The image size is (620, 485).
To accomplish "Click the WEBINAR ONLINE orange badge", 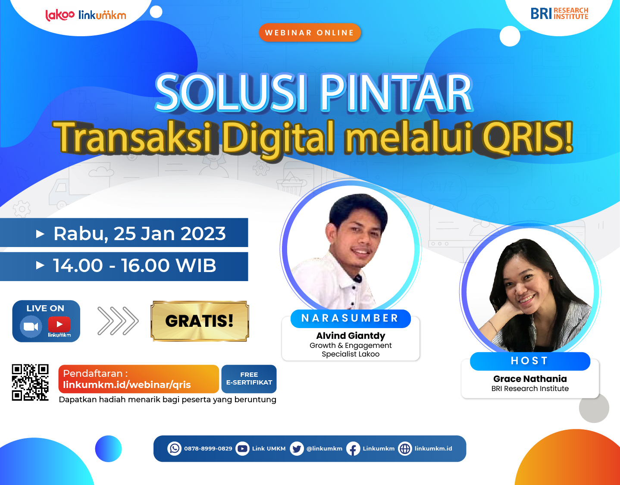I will [x=310, y=33].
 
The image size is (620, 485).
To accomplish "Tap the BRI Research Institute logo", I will [x=559, y=13].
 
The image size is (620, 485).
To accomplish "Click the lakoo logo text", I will [x=60, y=15].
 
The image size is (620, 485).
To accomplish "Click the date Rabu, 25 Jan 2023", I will [x=139, y=233].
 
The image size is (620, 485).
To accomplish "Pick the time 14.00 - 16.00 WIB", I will [x=134, y=266].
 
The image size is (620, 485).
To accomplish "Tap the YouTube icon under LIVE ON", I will [x=59, y=324].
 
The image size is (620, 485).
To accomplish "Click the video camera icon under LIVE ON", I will [x=31, y=326].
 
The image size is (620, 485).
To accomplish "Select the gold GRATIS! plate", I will [x=200, y=321].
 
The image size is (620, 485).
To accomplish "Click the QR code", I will [x=30, y=382].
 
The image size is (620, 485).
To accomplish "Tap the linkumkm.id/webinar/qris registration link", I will [x=127, y=385].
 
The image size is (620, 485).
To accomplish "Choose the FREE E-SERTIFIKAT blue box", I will [x=249, y=379].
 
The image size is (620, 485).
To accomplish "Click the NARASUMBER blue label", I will [x=350, y=318].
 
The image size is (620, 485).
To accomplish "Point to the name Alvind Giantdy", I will [x=351, y=335].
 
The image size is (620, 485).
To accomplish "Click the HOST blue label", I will [x=529, y=361].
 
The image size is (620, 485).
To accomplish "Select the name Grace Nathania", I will [x=530, y=379].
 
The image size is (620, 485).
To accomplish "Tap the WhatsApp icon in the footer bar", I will [x=175, y=449].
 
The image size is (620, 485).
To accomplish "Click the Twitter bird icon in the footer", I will [x=297, y=449].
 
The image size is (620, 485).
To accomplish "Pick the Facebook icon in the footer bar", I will [x=353, y=449].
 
